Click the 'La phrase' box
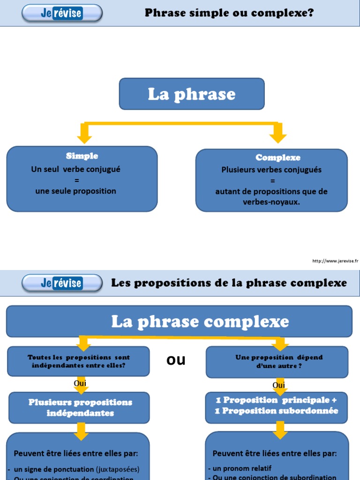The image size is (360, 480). point(192,94)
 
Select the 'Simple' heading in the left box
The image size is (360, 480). point(82,156)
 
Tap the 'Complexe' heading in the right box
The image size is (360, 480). point(278,157)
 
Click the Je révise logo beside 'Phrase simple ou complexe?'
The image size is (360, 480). point(61,13)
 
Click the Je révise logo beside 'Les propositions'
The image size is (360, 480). point(61,283)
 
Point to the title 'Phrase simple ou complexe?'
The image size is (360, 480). point(229,13)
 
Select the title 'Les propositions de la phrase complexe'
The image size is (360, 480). point(229,283)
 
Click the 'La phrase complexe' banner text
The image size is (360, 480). point(200,322)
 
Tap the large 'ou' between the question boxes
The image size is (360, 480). point(176,360)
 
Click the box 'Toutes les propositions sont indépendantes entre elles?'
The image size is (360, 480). point(79,361)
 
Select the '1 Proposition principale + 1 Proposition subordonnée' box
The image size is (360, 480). point(277,405)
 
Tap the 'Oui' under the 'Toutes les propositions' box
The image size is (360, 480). point(80,383)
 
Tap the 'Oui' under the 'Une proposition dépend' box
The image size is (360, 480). point(279,385)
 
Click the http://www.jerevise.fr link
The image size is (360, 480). point(335,261)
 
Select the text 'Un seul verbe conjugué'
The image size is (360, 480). point(76,169)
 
